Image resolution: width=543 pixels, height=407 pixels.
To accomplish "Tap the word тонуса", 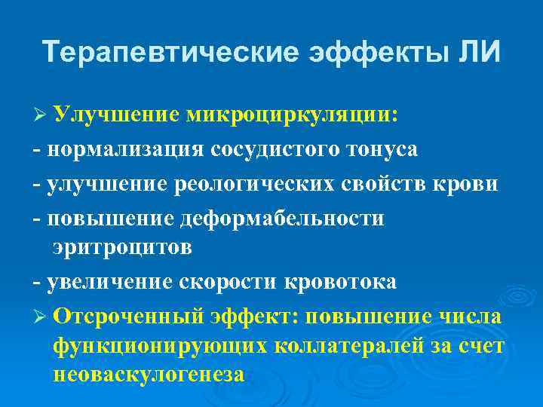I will (x=380, y=148).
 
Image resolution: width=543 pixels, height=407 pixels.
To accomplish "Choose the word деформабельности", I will (x=283, y=218).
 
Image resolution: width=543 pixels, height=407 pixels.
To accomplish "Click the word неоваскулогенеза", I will (x=149, y=373).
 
